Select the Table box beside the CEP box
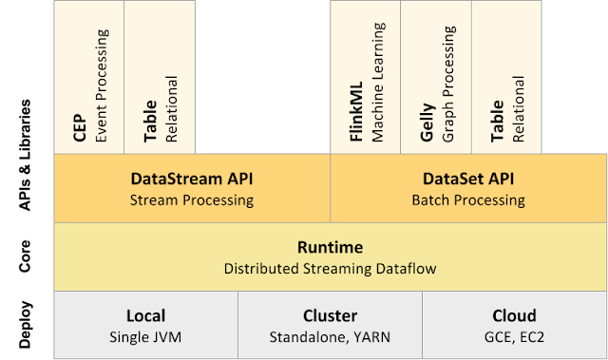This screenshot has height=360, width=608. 161,76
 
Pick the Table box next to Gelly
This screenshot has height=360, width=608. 507,76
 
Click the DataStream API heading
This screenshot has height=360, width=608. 192,179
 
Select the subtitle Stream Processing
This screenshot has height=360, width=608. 192,200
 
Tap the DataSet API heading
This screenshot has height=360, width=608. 467,179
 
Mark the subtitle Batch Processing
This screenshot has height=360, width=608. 467,200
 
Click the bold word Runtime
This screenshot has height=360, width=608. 330,247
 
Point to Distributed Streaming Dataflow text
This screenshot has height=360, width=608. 330,269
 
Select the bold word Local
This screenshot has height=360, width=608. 145,315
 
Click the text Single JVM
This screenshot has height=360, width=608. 145,337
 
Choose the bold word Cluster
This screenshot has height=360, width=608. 330,315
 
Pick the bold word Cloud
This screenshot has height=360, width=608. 514,315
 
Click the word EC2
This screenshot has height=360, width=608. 534,337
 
